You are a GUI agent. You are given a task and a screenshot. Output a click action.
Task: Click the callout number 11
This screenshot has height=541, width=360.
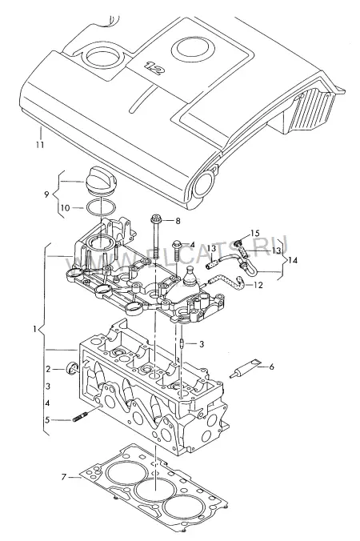[40, 144]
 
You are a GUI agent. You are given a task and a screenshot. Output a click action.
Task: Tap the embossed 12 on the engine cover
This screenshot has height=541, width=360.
[154, 68]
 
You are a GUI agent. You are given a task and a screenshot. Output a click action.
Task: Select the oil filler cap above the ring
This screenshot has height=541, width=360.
[101, 179]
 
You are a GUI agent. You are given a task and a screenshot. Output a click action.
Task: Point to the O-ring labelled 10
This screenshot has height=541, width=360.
[100, 208]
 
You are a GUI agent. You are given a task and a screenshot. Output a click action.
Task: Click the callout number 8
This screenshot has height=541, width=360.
[178, 220]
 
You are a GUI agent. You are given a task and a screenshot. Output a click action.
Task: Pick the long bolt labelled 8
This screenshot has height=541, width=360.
[155, 237]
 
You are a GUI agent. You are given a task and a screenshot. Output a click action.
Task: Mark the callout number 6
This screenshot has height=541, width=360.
[271, 367]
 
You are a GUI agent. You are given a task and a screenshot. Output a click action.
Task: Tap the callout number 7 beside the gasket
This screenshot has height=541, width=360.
[63, 477]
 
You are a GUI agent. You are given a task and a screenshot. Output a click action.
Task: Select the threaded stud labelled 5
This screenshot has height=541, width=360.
[80, 419]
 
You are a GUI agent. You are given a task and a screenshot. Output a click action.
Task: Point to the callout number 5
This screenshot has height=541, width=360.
[47, 420]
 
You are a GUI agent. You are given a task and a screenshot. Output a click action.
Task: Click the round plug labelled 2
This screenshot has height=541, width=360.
[72, 369]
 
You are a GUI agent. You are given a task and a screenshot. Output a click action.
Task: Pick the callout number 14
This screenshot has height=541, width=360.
[293, 260]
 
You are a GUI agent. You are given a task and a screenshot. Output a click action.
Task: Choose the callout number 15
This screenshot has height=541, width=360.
[255, 234]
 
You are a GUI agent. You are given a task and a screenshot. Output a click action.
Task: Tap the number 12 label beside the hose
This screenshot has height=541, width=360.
[258, 285]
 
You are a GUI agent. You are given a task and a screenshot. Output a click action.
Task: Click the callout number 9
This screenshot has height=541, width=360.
[46, 194]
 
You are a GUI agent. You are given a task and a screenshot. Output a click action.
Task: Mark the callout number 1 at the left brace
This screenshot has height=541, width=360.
[34, 329]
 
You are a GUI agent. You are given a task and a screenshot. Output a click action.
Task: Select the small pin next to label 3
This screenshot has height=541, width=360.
[182, 344]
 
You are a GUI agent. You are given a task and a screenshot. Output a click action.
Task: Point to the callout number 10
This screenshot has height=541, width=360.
[65, 208]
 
